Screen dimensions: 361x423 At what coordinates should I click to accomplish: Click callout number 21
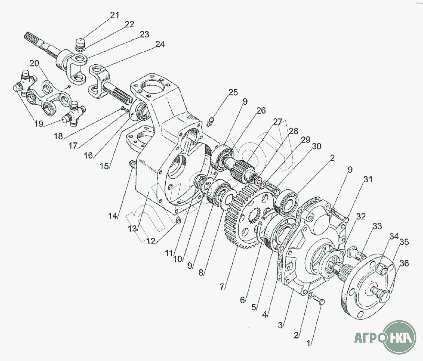pyautogui.click(x=114, y=15)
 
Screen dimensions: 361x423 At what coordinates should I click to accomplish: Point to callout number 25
pyautogui.click(x=233, y=93)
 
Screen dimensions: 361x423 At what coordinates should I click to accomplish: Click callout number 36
pyautogui.click(x=404, y=264)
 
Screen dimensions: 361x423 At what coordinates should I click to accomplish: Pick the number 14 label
pyautogui.click(x=112, y=216)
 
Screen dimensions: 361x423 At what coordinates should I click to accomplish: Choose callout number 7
pyautogui.click(x=222, y=286)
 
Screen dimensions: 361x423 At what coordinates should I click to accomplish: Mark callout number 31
pyautogui.click(x=368, y=180)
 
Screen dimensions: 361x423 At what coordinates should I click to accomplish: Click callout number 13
pyautogui.click(x=132, y=228)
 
